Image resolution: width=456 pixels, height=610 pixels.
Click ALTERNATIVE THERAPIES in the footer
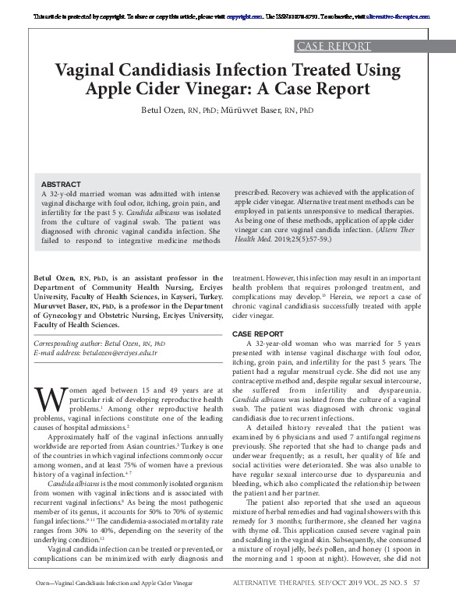click(285, 602)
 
